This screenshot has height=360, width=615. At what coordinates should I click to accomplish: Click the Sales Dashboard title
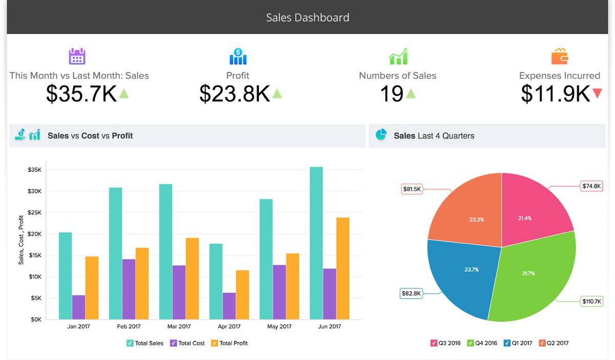307,17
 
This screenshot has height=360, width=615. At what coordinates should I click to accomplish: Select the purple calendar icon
77,56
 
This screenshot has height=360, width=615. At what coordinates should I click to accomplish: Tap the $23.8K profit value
235,94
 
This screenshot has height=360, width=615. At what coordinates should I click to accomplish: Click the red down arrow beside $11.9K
597,93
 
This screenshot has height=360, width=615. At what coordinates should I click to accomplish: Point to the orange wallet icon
560,56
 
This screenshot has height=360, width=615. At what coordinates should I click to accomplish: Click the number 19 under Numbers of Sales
392,94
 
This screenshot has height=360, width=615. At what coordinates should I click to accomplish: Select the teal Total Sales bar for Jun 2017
316,243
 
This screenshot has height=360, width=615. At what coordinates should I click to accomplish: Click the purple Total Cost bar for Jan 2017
78,307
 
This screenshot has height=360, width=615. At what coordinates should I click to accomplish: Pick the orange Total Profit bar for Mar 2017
192,278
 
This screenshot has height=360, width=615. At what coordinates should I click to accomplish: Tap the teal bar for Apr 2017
216,281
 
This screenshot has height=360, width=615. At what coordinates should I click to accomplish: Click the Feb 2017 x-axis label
128,326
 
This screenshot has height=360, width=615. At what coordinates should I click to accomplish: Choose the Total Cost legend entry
188,343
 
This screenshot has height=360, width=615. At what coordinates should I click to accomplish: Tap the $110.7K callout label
591,301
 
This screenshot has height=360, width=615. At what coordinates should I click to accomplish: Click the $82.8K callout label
412,293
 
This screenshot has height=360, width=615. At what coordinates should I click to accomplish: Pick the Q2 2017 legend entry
554,343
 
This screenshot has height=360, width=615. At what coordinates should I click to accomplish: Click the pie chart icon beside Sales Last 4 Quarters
381,135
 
